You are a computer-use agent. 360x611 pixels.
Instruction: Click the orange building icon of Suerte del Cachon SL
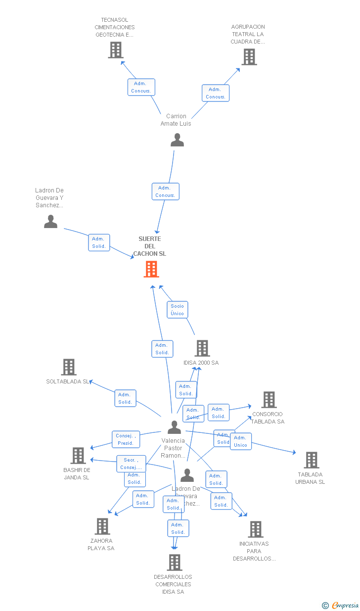151,269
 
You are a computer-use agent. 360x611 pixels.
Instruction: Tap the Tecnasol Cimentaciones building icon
116,50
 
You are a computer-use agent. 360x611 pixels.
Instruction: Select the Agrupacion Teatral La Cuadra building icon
249,57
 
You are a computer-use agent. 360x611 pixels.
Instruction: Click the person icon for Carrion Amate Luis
177,140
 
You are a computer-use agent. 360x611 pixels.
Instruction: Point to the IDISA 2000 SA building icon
202,348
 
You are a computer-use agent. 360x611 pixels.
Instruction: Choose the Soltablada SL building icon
69,367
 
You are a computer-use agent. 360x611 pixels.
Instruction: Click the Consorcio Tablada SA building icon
269,400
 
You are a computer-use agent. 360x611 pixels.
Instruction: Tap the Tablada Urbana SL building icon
311,460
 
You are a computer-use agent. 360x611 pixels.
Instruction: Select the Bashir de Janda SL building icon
78,456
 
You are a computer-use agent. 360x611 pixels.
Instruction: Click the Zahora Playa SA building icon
102,526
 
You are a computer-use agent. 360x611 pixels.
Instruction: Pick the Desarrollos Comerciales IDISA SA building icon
174,563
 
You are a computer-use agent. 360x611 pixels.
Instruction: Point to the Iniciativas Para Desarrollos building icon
255,529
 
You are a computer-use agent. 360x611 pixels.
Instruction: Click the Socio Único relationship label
177,310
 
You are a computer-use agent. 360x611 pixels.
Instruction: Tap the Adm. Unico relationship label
240,441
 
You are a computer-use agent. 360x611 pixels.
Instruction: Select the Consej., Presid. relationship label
126,439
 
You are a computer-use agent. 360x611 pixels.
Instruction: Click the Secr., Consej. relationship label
131,464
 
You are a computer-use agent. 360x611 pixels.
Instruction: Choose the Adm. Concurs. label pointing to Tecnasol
141,87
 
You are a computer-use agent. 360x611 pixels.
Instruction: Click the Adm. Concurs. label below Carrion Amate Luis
165,191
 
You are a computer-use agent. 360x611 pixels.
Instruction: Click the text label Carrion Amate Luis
176,120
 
